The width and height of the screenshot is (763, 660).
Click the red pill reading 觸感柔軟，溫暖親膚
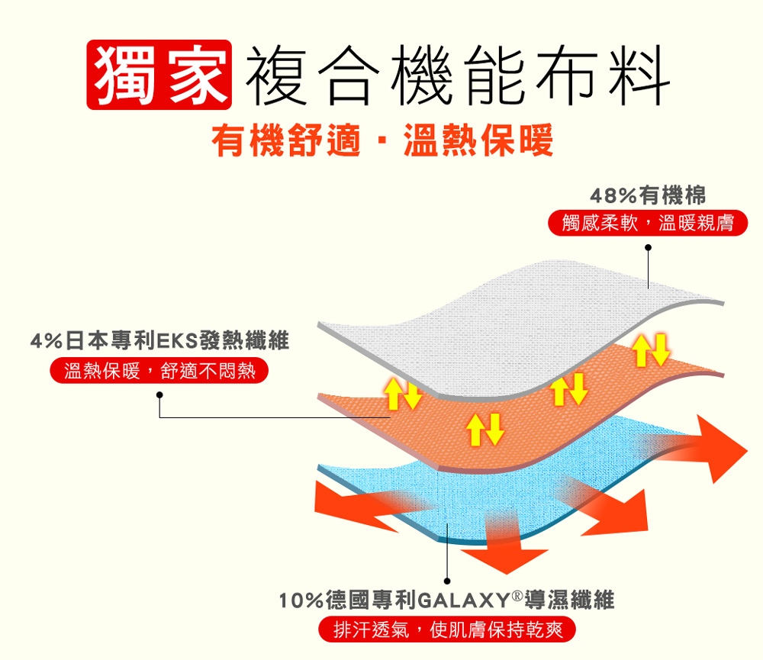point(648,224)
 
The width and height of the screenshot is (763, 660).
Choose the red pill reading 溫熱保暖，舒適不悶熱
point(159,372)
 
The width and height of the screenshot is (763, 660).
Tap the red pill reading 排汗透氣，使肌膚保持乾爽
point(446,630)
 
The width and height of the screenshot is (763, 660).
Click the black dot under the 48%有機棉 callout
point(648,247)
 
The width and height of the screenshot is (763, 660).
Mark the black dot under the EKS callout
point(159,394)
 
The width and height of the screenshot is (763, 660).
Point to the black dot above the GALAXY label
point(447,577)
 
